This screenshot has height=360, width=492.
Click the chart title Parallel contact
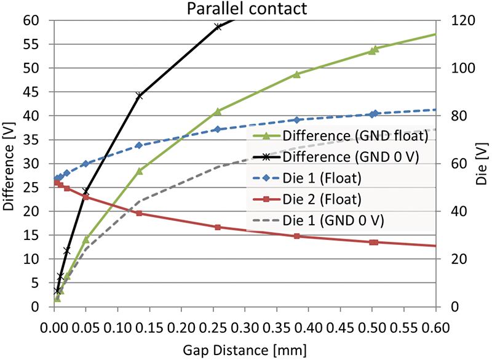245,9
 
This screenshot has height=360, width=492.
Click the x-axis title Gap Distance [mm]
245,350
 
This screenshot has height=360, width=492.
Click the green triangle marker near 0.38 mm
296,74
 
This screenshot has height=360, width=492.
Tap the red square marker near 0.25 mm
218,227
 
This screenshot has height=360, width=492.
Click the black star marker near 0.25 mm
218,26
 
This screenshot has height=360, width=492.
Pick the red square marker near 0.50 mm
373,242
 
